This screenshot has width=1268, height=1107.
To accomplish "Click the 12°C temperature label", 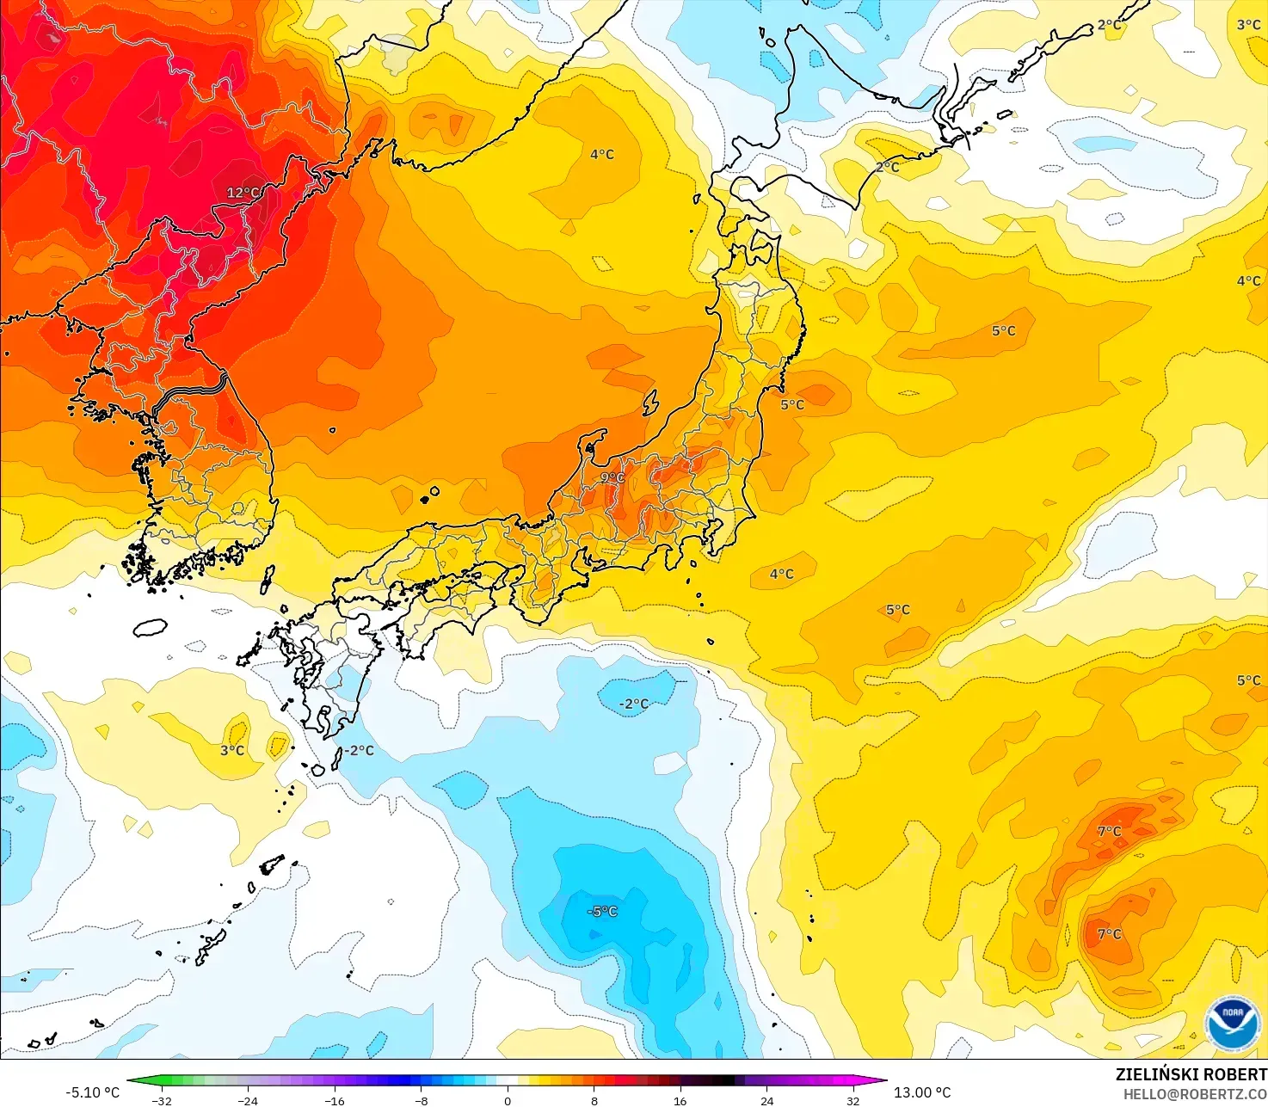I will (x=243, y=193).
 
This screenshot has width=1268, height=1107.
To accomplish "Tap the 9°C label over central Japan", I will (x=612, y=478).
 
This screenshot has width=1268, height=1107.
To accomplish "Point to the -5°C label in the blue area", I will (x=602, y=912).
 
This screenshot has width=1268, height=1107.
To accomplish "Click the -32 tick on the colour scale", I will (x=161, y=1100).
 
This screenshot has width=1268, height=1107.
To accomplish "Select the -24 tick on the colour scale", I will (x=248, y=1100).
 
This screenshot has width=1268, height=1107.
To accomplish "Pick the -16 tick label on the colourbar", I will (x=334, y=1100).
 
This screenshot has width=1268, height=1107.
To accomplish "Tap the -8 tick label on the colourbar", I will (x=421, y=1100).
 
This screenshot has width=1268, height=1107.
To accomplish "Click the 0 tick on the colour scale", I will (x=508, y=1100).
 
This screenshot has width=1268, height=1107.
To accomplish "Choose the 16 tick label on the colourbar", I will (x=680, y=1100).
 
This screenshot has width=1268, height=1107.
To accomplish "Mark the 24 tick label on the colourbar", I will (x=766, y=1100).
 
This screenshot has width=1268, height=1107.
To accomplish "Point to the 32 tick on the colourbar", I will (x=853, y=1100).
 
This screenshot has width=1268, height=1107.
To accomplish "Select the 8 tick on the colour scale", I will (x=594, y=1100).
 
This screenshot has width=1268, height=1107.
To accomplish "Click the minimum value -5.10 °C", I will (x=93, y=1092).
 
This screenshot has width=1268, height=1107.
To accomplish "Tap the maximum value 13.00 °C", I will (x=922, y=1092).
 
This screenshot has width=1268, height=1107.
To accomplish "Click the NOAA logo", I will (x=1232, y=1023).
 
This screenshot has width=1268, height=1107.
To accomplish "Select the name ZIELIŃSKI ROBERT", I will (x=1191, y=1074).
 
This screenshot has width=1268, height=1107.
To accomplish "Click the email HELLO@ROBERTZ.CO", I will (x=1195, y=1094).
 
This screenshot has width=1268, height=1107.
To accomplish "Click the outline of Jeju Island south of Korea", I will (x=150, y=627).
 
